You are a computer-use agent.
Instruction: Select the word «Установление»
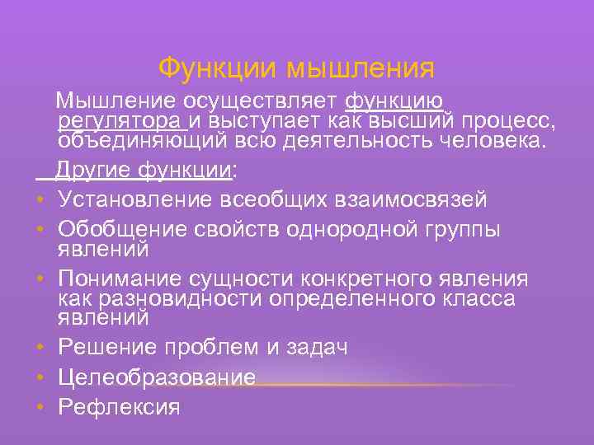(x=137, y=200)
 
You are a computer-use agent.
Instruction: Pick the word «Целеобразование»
(x=157, y=377)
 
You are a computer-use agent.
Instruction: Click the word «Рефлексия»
(x=119, y=406)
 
